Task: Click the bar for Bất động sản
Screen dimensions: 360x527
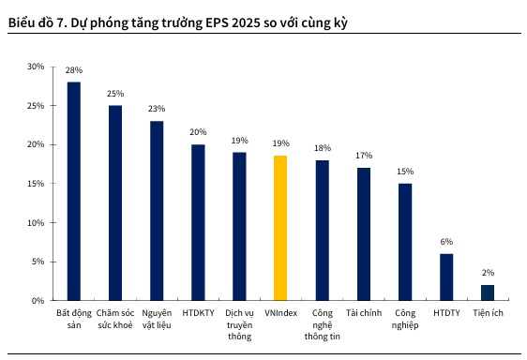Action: (x=73, y=191)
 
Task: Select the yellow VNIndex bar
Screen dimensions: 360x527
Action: (x=280, y=228)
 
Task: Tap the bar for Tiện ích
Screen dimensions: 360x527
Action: (x=488, y=292)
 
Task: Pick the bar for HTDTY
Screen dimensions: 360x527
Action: (x=446, y=277)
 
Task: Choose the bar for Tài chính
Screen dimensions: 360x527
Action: (x=364, y=234)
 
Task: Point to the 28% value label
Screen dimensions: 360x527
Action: (x=73, y=70)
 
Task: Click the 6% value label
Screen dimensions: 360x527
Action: (x=446, y=242)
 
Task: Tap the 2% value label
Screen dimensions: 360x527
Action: (x=488, y=273)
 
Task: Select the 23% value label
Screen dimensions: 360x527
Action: (x=157, y=109)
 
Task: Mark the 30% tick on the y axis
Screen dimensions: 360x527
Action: (x=36, y=67)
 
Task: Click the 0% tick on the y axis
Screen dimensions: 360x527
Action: (x=38, y=301)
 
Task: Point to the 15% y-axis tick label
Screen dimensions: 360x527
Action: (x=36, y=184)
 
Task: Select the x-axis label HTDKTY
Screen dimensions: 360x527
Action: (x=198, y=312)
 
